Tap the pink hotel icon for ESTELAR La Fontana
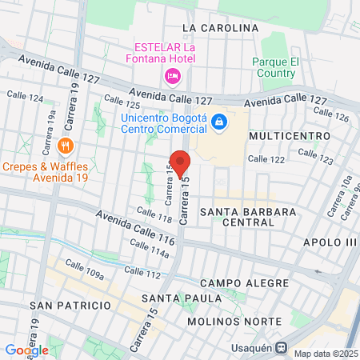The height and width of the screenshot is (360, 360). [x=171, y=75]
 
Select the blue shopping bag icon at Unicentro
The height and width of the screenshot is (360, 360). [x=221, y=122]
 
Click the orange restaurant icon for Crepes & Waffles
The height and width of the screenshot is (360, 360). [x=66, y=146]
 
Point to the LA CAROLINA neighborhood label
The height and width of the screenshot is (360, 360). [x=221, y=28]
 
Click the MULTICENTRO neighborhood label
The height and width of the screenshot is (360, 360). [x=290, y=136]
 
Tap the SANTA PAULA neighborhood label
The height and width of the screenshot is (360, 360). [x=169, y=298]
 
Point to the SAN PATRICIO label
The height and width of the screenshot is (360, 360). [x=70, y=306]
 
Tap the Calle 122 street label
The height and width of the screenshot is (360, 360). [x=266, y=160]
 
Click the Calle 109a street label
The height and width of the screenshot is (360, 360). [x=85, y=274]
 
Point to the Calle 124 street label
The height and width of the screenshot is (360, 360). [x=25, y=95]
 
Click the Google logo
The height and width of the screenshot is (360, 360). [x=26, y=350]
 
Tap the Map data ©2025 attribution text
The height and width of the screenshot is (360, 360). [x=325, y=354]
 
